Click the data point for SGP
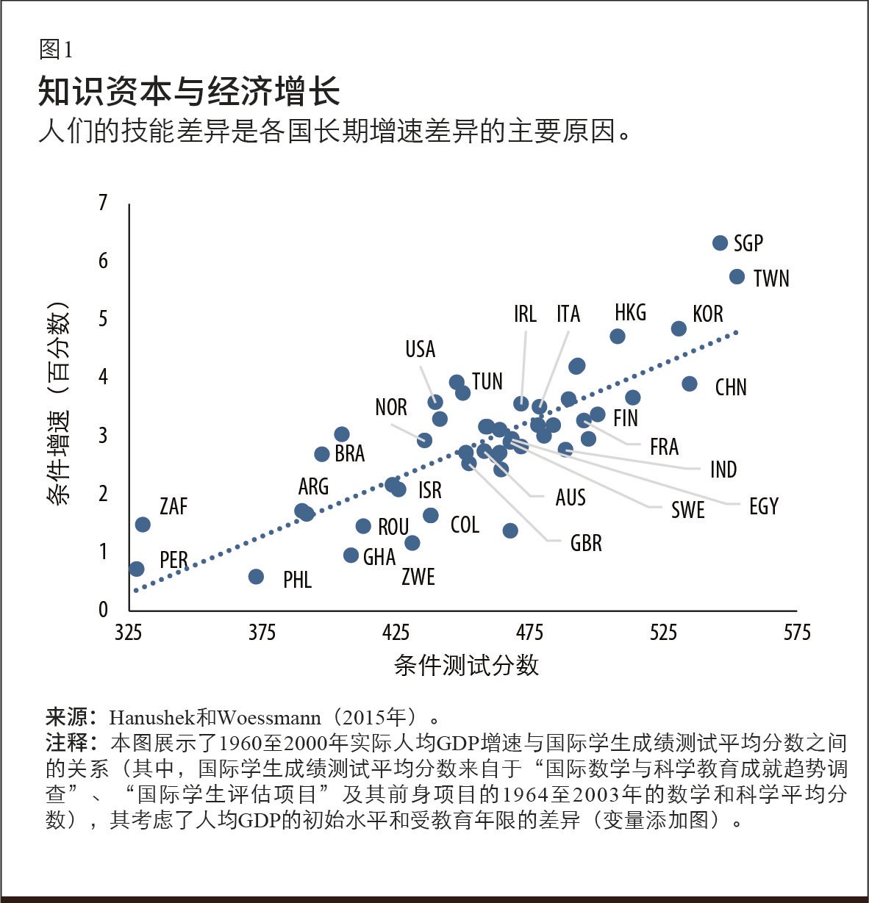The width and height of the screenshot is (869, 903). click(720, 243)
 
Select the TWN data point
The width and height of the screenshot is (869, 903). click(737, 276)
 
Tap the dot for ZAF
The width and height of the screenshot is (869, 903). click(143, 525)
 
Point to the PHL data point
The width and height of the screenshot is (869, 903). click(256, 577)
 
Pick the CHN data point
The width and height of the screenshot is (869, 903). click(689, 384)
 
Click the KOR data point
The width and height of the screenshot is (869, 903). click(679, 328)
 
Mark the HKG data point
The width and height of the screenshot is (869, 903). click(618, 337)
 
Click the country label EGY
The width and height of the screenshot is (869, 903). click(763, 506)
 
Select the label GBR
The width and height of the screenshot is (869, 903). click(586, 544)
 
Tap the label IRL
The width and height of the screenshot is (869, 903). click(525, 314)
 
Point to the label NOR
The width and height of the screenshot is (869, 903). click(390, 407)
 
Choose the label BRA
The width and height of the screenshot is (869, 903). click(349, 454)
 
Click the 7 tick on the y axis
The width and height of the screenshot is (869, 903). click(104, 202)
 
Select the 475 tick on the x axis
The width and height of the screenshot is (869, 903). click(529, 633)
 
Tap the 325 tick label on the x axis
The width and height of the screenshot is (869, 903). click(129, 633)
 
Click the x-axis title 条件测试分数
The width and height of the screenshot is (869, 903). click(466, 665)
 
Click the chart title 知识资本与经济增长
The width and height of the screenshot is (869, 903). click(189, 92)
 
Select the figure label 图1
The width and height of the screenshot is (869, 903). click(56, 50)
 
